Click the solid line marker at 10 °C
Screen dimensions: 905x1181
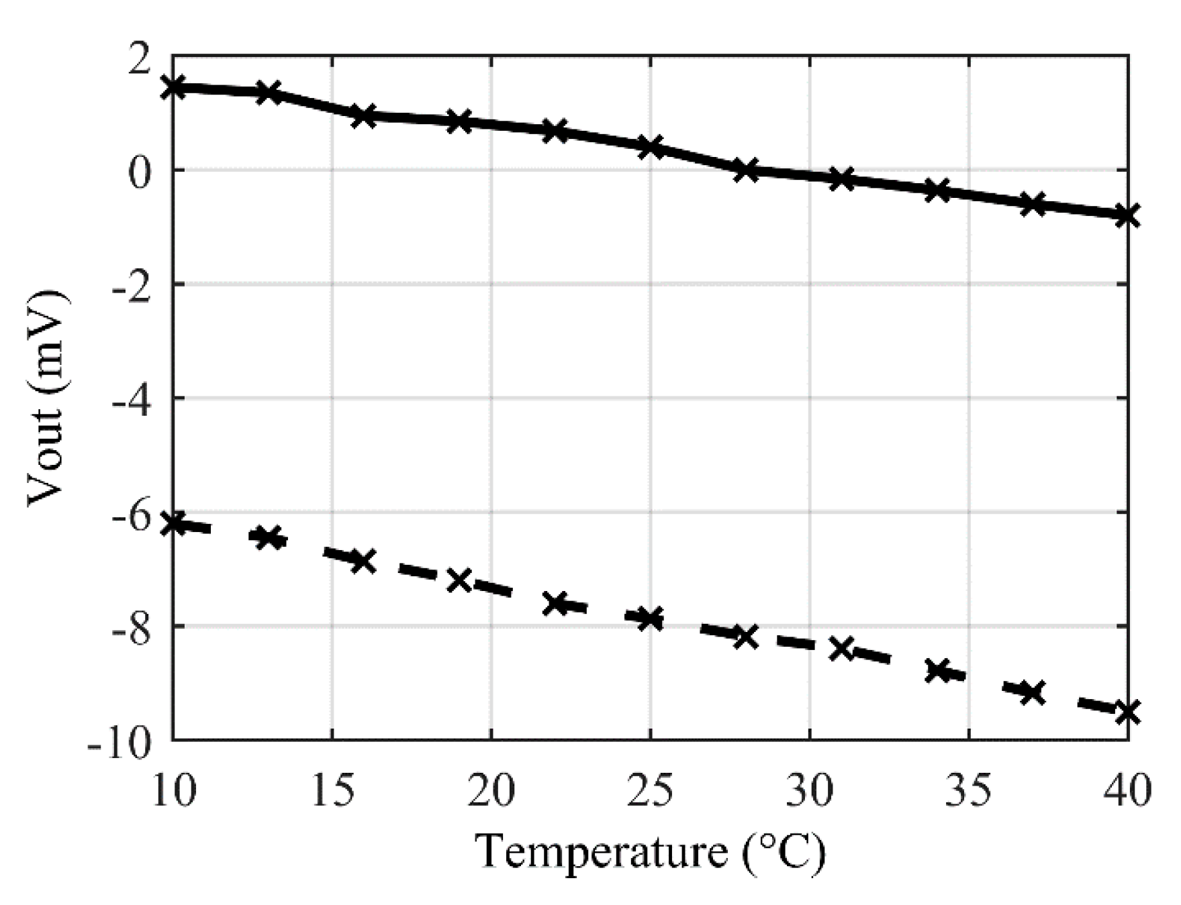tap(173, 87)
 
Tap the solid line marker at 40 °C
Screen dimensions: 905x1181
tap(1127, 215)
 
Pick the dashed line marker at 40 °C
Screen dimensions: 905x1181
tap(1127, 712)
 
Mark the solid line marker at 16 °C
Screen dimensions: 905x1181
tap(363, 115)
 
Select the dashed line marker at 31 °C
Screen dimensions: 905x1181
tap(841, 648)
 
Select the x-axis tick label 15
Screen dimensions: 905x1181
tap(332, 790)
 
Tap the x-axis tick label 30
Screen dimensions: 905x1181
tap(810, 790)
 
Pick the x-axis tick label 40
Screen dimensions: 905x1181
tap(1128, 790)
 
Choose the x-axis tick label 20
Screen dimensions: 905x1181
tap(491, 790)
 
